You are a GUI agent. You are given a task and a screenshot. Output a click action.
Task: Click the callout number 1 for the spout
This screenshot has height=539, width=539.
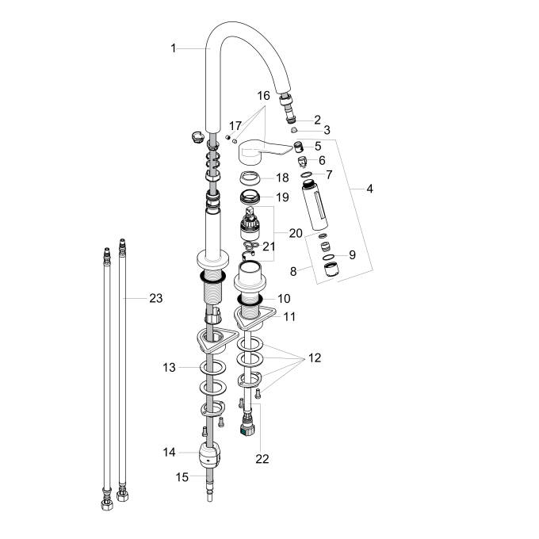(x=174, y=48)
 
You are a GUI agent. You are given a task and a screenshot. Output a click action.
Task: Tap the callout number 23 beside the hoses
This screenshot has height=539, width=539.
(x=155, y=298)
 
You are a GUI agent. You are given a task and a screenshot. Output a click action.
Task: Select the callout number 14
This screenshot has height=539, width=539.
(x=169, y=452)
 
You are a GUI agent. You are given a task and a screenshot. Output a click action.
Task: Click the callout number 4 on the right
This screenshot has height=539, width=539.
(x=369, y=189)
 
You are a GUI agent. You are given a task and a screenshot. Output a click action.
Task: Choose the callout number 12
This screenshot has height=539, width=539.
(x=315, y=357)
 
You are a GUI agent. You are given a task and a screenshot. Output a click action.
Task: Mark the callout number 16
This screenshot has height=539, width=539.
(x=263, y=95)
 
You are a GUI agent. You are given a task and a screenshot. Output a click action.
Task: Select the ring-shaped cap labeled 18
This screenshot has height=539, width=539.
(x=250, y=178)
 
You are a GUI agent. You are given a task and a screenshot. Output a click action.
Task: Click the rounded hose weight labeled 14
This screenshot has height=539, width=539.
(x=210, y=456)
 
